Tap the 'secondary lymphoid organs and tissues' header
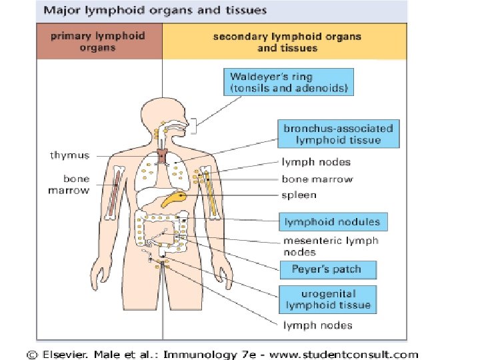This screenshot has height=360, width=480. (x=287, y=41)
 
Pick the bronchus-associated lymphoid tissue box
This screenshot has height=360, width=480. (x=339, y=134)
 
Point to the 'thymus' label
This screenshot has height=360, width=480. (x=69, y=155)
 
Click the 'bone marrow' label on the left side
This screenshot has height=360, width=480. (x=69, y=185)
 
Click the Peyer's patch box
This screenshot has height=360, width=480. (x=326, y=269)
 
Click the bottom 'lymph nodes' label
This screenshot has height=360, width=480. (x=318, y=325)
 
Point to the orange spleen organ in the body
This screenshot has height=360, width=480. (x=176, y=199)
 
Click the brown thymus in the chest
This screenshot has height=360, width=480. (x=162, y=157)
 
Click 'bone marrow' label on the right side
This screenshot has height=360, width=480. (x=317, y=179)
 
